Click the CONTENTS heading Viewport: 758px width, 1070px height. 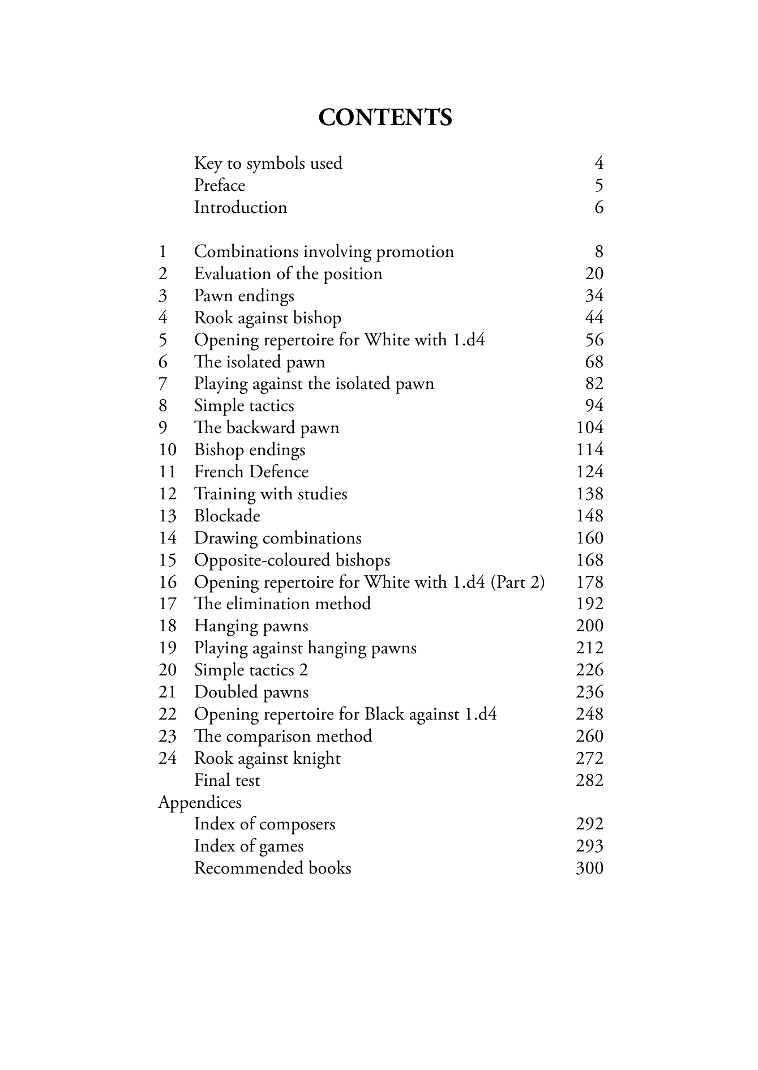[x=385, y=118]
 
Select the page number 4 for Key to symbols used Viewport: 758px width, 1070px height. [x=599, y=164]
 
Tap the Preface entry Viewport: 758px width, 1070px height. [x=220, y=186]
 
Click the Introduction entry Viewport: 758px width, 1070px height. [x=241, y=208]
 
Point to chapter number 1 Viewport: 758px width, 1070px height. [x=163, y=252]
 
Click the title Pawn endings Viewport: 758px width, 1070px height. [x=244, y=296]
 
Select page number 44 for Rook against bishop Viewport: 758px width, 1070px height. [x=594, y=318]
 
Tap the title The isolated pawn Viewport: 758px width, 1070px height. [x=259, y=362]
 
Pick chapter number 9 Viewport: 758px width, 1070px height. [x=163, y=428]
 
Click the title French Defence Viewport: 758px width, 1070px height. [x=251, y=472]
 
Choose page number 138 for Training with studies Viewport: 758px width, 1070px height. [x=589, y=494]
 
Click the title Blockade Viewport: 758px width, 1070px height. [x=227, y=516]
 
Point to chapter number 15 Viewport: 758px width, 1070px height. [x=168, y=560]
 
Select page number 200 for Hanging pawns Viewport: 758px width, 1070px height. [x=589, y=626]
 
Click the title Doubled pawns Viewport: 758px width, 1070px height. [x=251, y=692]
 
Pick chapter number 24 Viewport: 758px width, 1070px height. [x=168, y=759]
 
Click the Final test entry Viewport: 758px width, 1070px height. [x=227, y=781]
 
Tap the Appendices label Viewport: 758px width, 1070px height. [x=200, y=803]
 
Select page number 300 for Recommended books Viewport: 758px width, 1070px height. [x=589, y=868]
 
